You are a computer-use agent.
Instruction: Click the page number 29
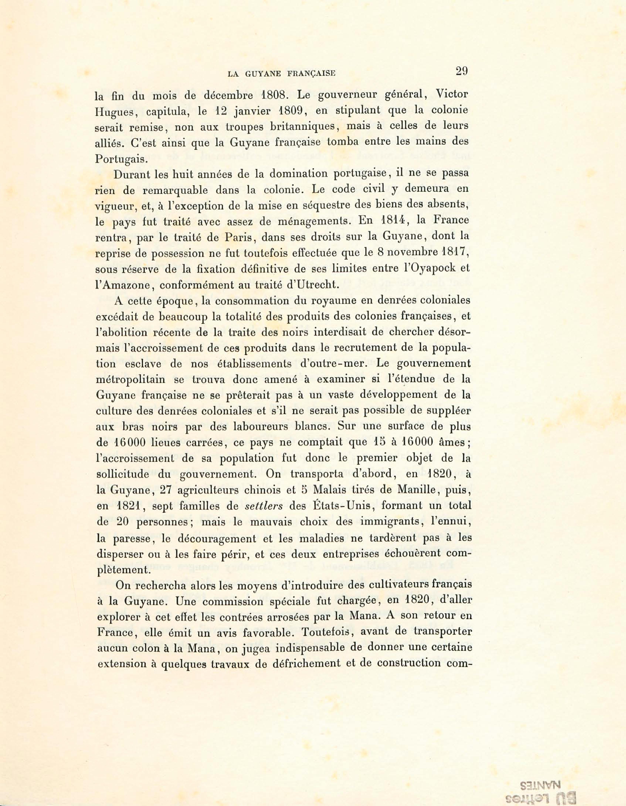462,71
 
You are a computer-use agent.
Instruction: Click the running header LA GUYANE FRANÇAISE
281,74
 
